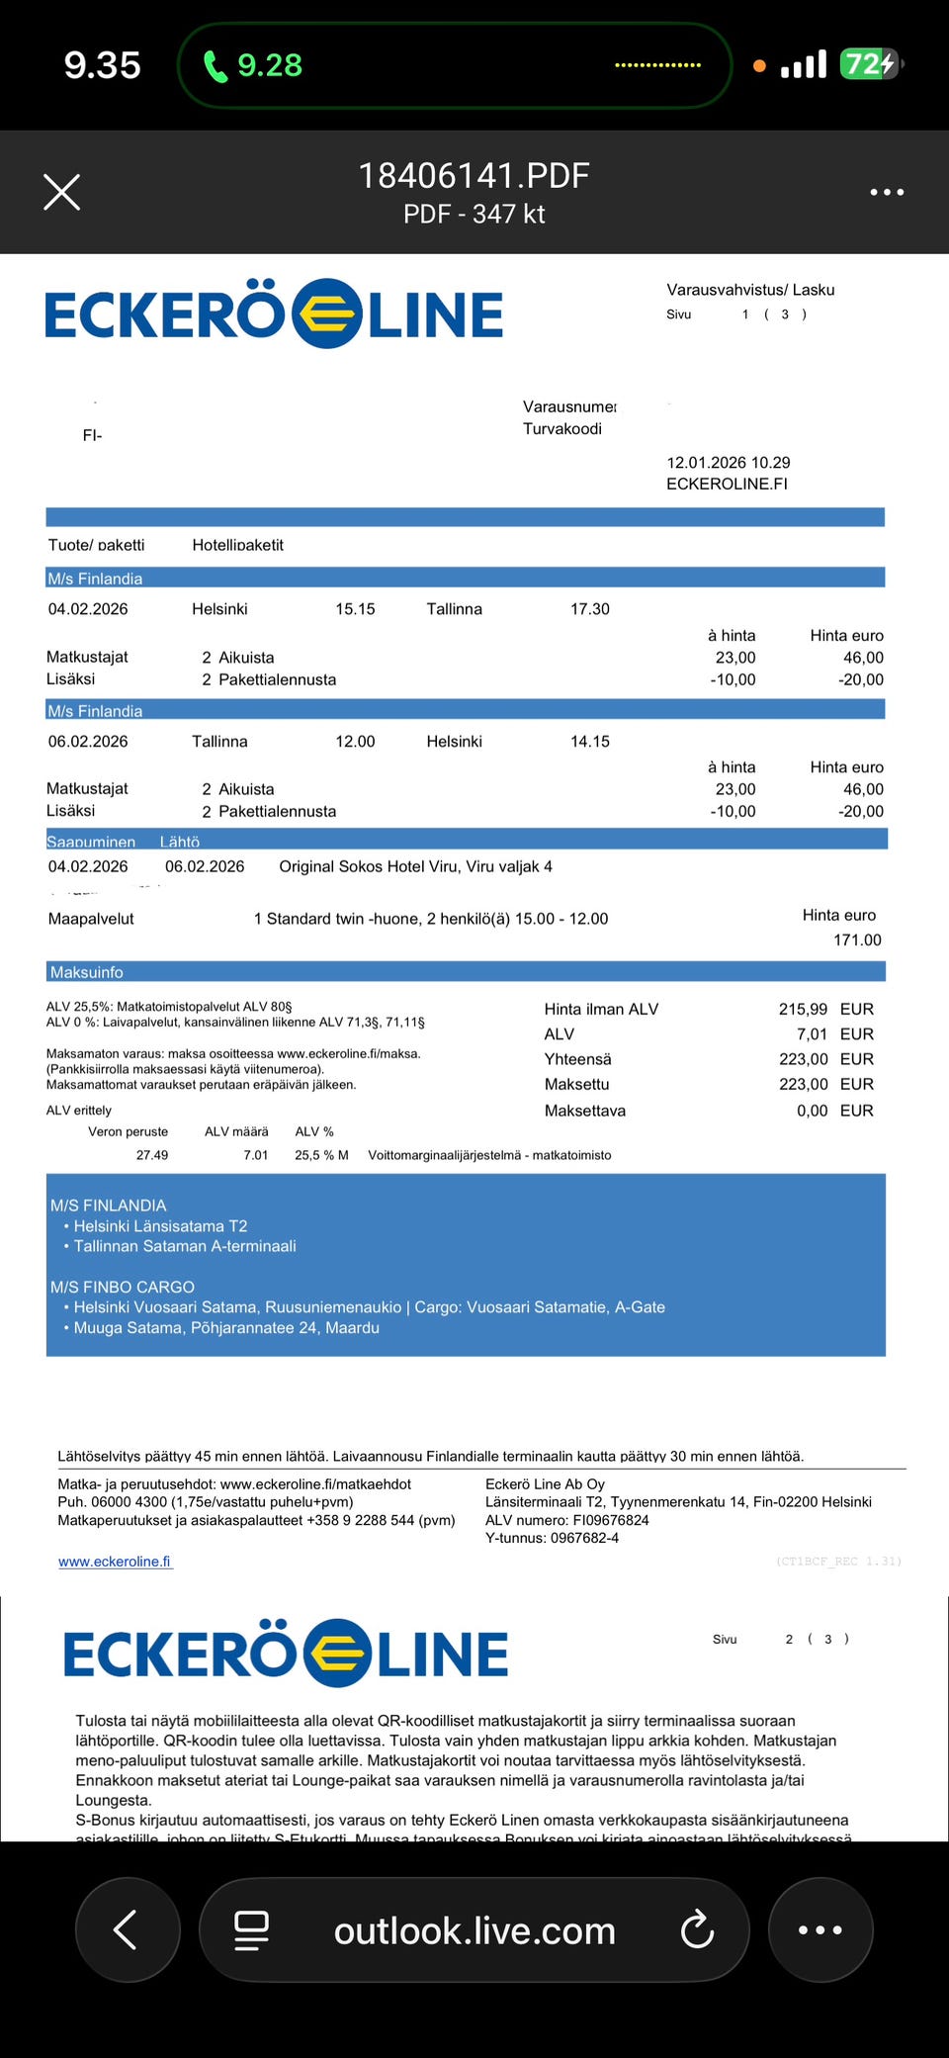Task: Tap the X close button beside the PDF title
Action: pyautogui.click(x=61, y=192)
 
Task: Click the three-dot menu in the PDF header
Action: pyautogui.click(x=887, y=192)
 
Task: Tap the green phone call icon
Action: pyautogui.click(x=215, y=66)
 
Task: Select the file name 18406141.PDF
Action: pyautogui.click(x=474, y=176)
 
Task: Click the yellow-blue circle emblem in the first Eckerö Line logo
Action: pyautogui.click(x=326, y=314)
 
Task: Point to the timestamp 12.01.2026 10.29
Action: pyautogui.click(x=729, y=462)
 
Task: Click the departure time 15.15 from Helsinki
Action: pyautogui.click(x=355, y=609)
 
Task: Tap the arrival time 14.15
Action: pyautogui.click(x=589, y=741)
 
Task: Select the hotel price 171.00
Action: pyautogui.click(x=857, y=940)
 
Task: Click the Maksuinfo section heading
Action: pyautogui.click(x=87, y=972)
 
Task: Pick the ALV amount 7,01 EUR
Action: pyautogui.click(x=813, y=1033)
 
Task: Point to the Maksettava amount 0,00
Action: pyautogui.click(x=813, y=1111)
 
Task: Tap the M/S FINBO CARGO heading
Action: pyautogui.click(x=123, y=1287)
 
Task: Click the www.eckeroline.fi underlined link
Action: pyautogui.click(x=115, y=1562)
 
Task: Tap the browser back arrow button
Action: pyautogui.click(x=127, y=1929)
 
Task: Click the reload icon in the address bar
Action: pyautogui.click(x=697, y=1929)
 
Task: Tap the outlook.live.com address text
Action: pyautogui.click(x=474, y=1930)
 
